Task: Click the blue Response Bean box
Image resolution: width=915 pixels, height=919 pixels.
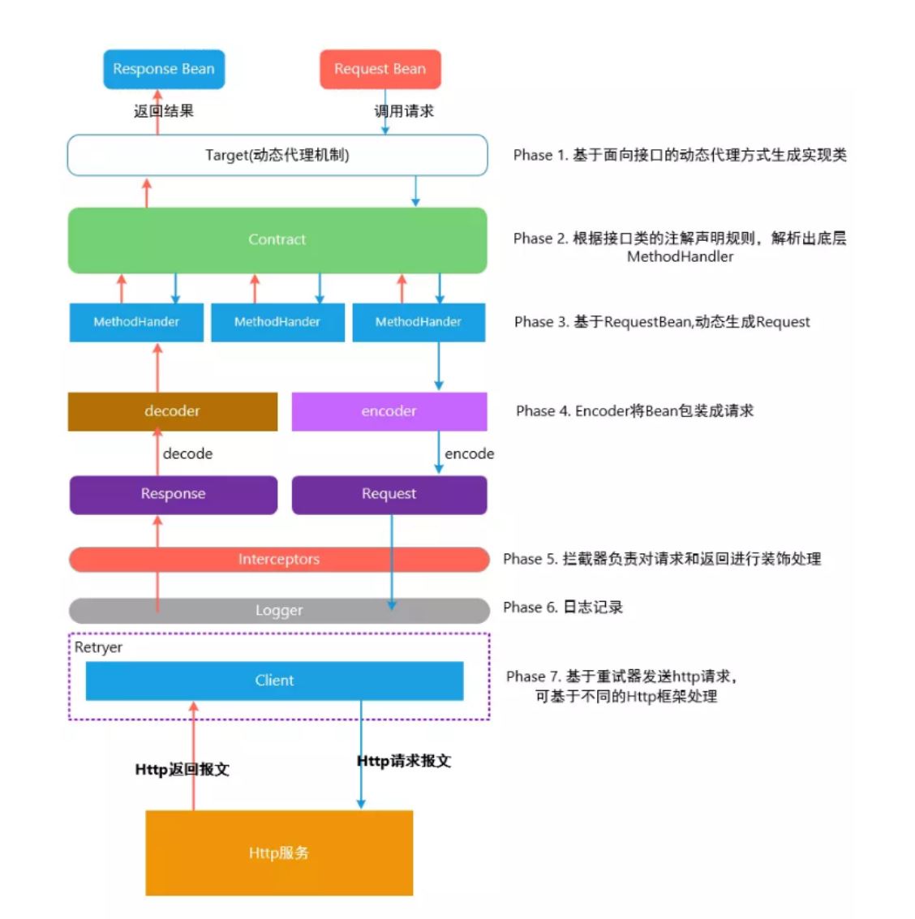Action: coord(163,69)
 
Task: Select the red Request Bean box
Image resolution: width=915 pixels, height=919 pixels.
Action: coord(380,69)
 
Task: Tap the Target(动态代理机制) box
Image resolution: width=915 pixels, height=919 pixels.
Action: coord(277,155)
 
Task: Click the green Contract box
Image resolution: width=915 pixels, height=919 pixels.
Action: coord(277,239)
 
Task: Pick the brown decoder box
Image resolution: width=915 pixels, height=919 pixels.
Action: coord(172,411)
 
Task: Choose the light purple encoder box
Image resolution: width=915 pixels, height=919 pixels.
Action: coord(389,411)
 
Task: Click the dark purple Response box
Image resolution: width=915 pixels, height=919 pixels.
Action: coord(173,494)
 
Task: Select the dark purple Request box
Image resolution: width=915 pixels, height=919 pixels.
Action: coord(389,494)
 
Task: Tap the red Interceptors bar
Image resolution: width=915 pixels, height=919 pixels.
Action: coord(278,559)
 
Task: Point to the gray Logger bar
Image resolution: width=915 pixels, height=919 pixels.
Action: coord(278,610)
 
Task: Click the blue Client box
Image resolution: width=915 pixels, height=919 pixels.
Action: coord(274,681)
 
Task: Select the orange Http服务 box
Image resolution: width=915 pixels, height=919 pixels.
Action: coord(278,852)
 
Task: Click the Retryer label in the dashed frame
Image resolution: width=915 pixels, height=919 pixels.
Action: coord(98,647)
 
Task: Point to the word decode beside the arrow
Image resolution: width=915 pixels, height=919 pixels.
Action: coord(187,454)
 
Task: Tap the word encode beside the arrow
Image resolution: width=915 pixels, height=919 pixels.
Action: coord(469,454)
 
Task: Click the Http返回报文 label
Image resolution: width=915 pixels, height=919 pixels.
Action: coord(182,769)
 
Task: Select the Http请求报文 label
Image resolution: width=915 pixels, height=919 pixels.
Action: coord(404,761)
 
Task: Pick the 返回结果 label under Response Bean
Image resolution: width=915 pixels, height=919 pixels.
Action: coord(164,111)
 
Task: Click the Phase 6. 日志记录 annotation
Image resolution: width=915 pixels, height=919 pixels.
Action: coord(563,608)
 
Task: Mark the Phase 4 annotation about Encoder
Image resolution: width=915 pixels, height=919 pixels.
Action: coord(634,411)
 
